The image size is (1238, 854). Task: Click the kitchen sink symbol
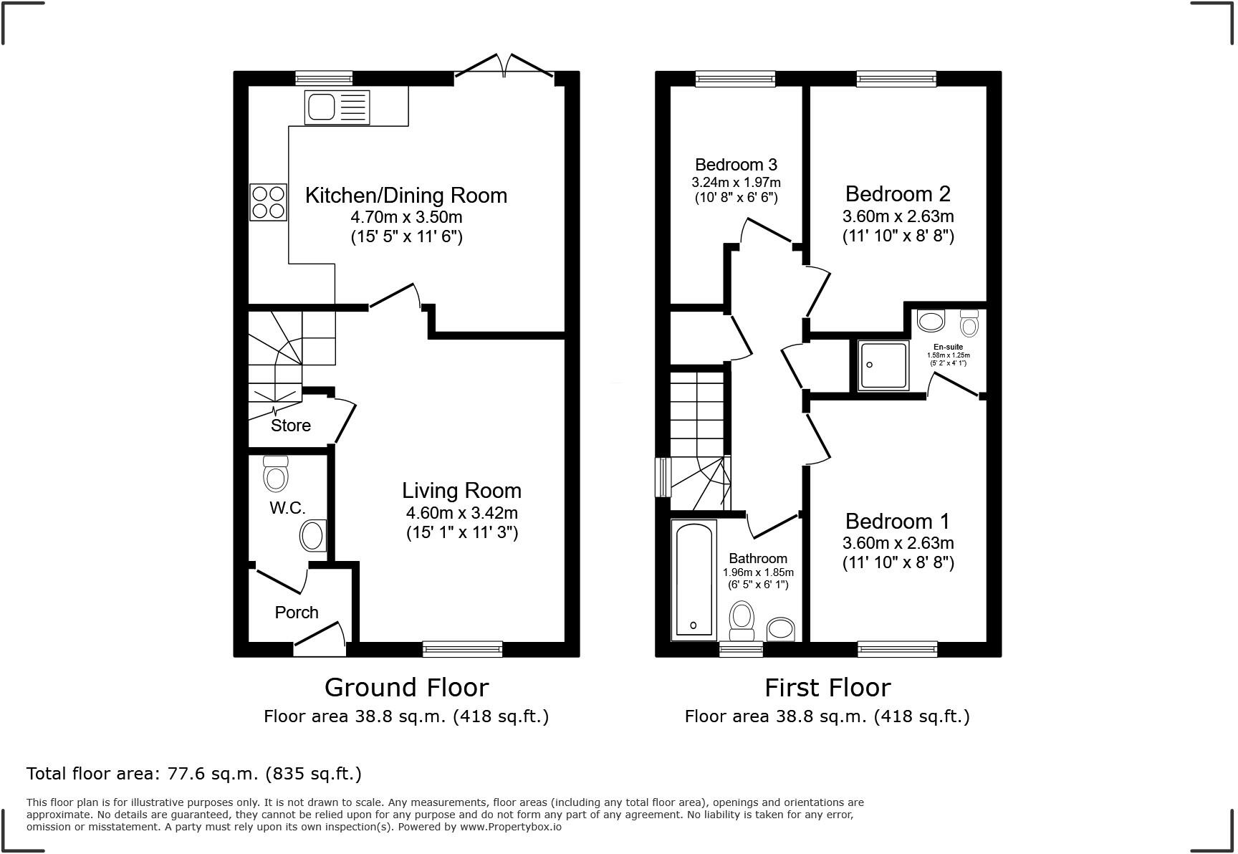coord(337,107)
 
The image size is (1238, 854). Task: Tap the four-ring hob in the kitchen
coord(269,202)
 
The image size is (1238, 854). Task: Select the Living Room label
coord(461,491)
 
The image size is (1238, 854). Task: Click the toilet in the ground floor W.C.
coord(276,474)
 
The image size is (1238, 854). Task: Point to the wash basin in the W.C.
coord(312,536)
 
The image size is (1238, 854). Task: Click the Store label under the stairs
coord(291,426)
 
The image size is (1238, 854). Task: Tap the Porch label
coord(297,613)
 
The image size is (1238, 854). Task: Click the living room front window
coord(462,649)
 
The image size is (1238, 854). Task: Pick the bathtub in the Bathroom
coord(694,580)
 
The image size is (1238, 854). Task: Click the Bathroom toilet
coord(742,620)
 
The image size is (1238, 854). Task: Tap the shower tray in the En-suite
coord(883,365)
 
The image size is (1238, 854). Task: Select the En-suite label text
coord(948,347)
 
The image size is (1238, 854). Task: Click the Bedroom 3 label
coord(736,165)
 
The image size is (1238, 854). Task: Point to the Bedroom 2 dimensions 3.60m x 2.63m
coord(898,216)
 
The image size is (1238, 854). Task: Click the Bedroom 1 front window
coord(897,649)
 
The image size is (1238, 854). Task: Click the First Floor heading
coord(827,688)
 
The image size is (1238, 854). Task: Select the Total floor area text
coord(194,774)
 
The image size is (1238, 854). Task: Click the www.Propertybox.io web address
coord(510,827)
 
